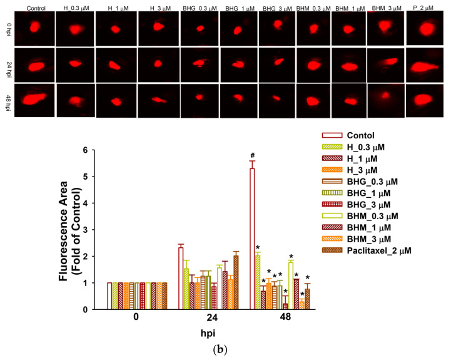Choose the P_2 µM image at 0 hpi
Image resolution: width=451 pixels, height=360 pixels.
click(426, 29)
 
